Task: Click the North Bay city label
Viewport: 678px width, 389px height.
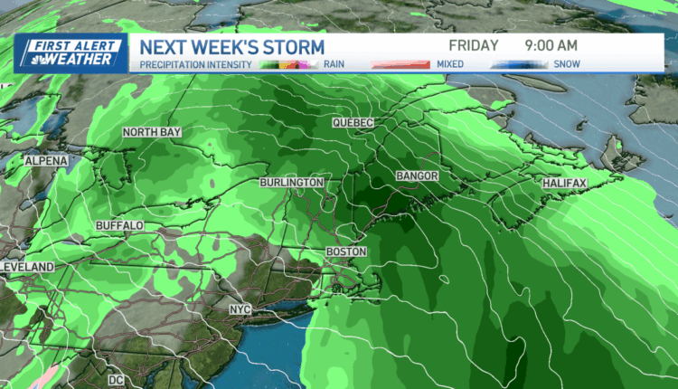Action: click(151, 133)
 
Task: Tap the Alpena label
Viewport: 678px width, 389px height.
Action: click(46, 160)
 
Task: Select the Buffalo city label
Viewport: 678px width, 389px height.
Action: click(119, 224)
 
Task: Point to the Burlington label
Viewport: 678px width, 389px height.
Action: click(291, 183)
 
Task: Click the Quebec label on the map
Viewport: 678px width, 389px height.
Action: click(353, 122)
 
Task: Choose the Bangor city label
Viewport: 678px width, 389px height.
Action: click(417, 175)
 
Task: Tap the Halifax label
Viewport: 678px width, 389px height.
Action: click(565, 183)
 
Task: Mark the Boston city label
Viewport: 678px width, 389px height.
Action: click(346, 251)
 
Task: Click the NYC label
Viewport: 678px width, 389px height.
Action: click(240, 310)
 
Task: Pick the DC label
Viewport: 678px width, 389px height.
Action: click(117, 381)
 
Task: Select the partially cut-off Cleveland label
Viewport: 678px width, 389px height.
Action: click(27, 268)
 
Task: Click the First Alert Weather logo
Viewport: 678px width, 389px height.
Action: click(69, 53)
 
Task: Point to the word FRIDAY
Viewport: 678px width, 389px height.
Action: click(474, 44)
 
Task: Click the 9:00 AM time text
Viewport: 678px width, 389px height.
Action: click(548, 44)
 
